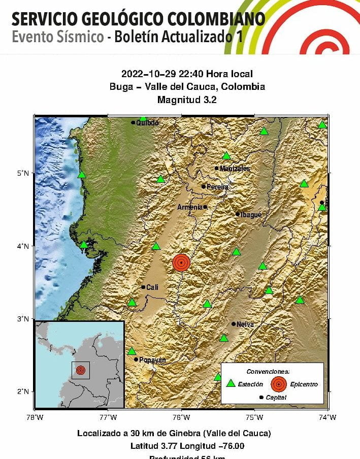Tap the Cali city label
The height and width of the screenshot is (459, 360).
click(x=152, y=287)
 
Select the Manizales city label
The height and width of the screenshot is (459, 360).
click(x=235, y=169)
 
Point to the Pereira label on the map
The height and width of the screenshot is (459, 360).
click(x=217, y=187)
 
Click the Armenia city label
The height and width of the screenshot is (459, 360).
click(x=189, y=207)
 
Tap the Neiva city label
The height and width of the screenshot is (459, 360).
click(x=245, y=324)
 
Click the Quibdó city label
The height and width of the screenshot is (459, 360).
click(x=147, y=122)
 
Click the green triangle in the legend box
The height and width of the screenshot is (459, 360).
click(x=231, y=384)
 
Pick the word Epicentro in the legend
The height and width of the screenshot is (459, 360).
click(x=304, y=384)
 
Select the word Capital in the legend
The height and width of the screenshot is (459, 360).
click(x=276, y=397)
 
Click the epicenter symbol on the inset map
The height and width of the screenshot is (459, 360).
click(x=80, y=370)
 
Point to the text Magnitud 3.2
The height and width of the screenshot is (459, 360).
click(x=187, y=100)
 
